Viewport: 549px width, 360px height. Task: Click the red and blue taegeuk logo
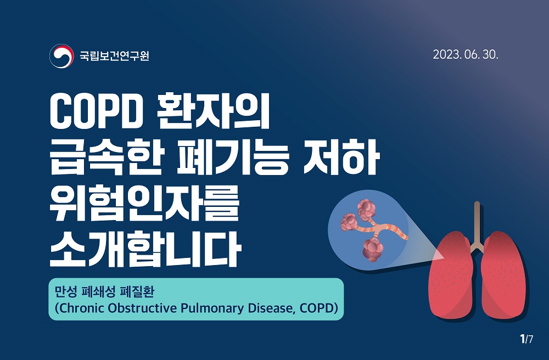click(61, 55)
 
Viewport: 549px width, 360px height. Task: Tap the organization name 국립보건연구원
click(115, 55)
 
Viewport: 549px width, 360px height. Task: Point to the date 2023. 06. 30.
click(466, 54)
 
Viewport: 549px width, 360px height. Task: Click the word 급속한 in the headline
click(106, 157)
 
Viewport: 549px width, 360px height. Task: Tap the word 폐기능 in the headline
click(233, 157)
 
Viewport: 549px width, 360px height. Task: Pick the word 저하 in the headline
click(341, 157)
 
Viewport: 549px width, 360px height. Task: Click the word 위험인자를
click(144, 203)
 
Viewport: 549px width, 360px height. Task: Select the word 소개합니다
click(145, 249)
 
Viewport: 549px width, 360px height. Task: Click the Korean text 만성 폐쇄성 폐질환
click(105, 292)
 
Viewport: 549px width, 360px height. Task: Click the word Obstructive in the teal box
click(143, 308)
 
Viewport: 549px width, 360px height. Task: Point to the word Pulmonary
click(213, 308)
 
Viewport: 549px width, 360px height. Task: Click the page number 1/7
click(526, 339)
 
